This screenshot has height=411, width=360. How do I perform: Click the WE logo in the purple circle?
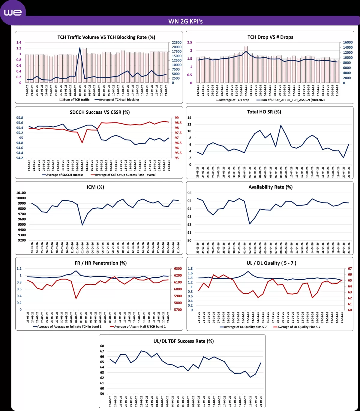click(13, 13)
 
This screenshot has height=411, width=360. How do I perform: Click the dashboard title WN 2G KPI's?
click(185, 21)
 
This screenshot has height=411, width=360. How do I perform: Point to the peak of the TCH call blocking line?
click(80, 48)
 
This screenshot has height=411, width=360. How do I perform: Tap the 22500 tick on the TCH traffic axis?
click(177, 43)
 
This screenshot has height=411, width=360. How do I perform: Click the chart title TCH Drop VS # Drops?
click(270, 37)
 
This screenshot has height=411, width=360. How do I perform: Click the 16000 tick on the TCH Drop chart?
click(348, 43)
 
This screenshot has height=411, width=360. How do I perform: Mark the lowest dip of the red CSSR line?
click(82, 142)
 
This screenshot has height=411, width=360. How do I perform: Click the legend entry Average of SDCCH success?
click(64, 175)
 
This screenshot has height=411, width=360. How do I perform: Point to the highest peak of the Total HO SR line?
click(281, 125)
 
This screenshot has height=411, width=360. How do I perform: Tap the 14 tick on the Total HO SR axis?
click(189, 118)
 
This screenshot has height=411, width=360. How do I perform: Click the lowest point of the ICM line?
click(82, 225)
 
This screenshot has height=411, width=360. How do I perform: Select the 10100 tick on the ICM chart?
click(21, 193)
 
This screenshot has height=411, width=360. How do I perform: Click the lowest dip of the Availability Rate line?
click(250, 224)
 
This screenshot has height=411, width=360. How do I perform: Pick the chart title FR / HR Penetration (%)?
click(100, 263)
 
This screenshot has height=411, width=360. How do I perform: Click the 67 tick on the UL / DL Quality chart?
click(350, 269)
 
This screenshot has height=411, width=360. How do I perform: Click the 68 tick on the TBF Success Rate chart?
click(102, 346)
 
